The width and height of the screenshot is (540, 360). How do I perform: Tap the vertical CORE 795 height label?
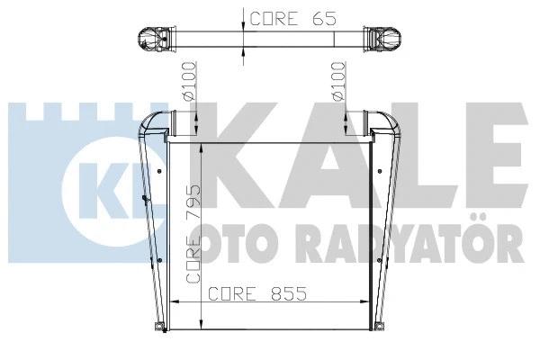[193, 236]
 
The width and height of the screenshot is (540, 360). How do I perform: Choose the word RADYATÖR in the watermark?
[405, 241]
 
